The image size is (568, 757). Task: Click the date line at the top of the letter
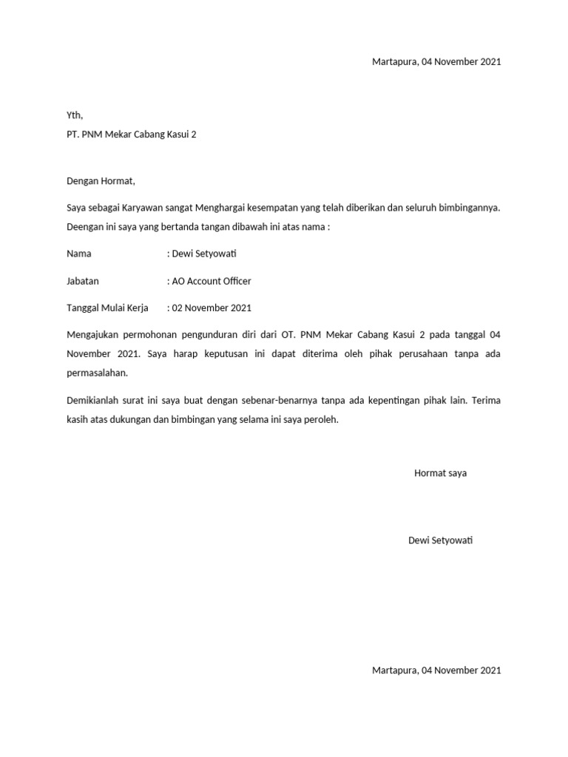(x=436, y=62)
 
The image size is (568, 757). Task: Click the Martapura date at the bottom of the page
(x=436, y=671)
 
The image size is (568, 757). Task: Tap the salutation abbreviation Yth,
(x=75, y=115)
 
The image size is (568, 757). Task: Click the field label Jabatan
(x=83, y=281)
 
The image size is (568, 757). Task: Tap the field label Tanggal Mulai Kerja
(x=107, y=308)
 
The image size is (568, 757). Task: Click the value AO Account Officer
(x=211, y=281)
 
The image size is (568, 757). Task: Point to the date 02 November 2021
(x=212, y=308)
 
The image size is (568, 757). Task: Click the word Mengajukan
(x=95, y=335)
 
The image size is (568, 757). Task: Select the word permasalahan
(x=97, y=373)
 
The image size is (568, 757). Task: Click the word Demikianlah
(x=95, y=400)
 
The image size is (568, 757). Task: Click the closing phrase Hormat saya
(x=440, y=473)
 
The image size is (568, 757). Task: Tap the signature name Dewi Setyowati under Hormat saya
(x=440, y=540)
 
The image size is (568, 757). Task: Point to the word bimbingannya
(x=467, y=208)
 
